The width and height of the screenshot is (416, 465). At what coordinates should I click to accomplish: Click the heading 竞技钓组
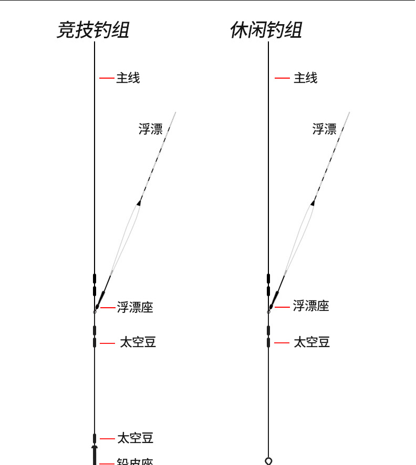pyautogui.click(x=92, y=30)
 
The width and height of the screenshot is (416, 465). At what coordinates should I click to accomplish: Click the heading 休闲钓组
pyautogui.click(x=266, y=30)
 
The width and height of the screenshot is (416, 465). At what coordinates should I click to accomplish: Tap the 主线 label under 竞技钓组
pyautogui.click(x=128, y=78)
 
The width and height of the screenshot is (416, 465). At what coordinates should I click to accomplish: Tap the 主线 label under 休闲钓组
pyautogui.click(x=305, y=78)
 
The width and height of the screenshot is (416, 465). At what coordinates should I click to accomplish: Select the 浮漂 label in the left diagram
pyautogui.click(x=151, y=129)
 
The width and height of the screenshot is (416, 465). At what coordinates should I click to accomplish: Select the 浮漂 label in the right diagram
pyautogui.click(x=325, y=129)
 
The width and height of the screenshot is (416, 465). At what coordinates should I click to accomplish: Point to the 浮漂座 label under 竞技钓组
pyautogui.click(x=135, y=307)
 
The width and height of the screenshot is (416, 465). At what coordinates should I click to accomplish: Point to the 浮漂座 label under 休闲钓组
pyautogui.click(x=311, y=306)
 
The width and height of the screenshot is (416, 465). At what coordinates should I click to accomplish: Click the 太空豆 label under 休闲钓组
pyautogui.click(x=311, y=342)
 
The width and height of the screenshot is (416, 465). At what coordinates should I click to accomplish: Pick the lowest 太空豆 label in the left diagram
pyautogui.click(x=135, y=438)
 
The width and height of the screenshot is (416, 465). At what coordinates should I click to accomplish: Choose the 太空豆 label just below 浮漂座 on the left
pyautogui.click(x=138, y=343)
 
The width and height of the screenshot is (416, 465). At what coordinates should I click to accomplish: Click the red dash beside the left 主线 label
pyautogui.click(x=107, y=78)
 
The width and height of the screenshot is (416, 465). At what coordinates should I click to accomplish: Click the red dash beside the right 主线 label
pyautogui.click(x=282, y=78)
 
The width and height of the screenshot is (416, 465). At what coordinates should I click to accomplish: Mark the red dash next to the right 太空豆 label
pyautogui.click(x=282, y=343)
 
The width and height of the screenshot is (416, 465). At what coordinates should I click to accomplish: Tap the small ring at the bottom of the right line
pyautogui.click(x=268, y=461)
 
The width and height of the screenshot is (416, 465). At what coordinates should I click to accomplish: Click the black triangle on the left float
pyautogui.click(x=140, y=202)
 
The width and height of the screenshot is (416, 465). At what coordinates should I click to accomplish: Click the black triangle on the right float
pyautogui.click(x=314, y=202)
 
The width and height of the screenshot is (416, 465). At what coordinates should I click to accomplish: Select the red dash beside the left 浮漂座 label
pyautogui.click(x=108, y=308)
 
